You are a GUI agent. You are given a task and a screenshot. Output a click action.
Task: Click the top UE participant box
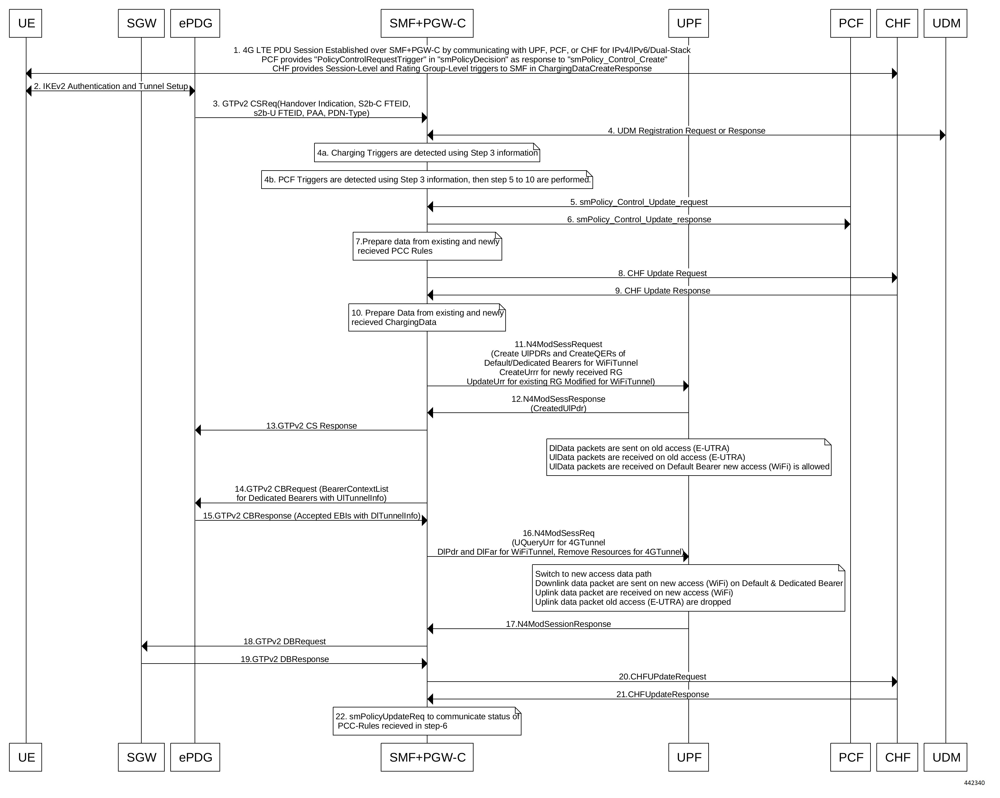click(x=26, y=23)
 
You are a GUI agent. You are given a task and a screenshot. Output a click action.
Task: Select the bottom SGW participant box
click(x=141, y=757)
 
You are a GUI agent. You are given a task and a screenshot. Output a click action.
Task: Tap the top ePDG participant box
click(x=195, y=23)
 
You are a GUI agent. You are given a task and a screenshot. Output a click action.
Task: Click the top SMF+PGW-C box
click(x=427, y=23)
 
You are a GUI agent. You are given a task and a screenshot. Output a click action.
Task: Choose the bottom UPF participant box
click(x=688, y=757)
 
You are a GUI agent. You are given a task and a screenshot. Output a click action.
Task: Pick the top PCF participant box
click(x=851, y=23)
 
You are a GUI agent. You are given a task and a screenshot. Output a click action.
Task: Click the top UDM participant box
click(x=946, y=23)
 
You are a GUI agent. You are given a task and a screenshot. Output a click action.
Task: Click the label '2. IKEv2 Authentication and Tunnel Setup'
click(x=111, y=86)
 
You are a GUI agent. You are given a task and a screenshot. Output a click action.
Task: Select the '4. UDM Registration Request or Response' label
click(x=686, y=131)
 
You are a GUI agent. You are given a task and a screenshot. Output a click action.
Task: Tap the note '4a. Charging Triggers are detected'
click(x=427, y=153)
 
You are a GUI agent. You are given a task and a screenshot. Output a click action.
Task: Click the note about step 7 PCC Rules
click(x=427, y=246)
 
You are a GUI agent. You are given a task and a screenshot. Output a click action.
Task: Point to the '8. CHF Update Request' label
click(x=662, y=273)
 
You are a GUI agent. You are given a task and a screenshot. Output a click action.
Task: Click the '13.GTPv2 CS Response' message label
click(x=312, y=426)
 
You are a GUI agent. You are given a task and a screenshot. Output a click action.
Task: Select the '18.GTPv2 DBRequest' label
click(x=285, y=641)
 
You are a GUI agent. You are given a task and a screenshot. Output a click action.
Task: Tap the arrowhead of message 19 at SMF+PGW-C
click(x=424, y=664)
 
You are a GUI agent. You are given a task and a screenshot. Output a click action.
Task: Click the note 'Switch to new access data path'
click(x=688, y=588)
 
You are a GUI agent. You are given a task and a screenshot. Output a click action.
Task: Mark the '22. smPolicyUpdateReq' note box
click(x=427, y=721)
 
